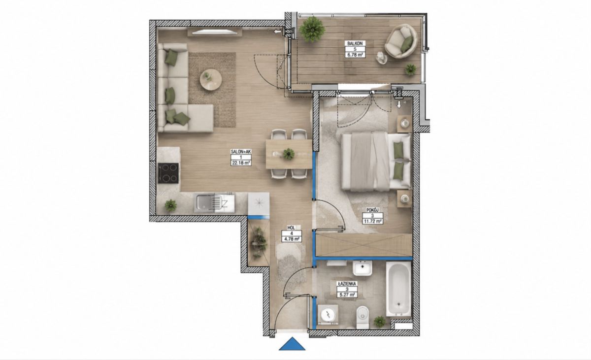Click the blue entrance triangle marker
[x=292, y=344]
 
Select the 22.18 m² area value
[x=241, y=163]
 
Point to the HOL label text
[x=291, y=228]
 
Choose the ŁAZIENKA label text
[x=347, y=284]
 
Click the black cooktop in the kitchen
[x=168, y=173]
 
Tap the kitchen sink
[x=214, y=202]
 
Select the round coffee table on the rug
[x=211, y=80]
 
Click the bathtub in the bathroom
[x=398, y=289]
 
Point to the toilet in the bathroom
[x=362, y=317]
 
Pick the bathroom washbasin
[x=362, y=268]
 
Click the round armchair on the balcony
[x=401, y=41]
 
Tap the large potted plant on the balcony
[x=312, y=29]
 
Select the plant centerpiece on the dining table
[x=289, y=154]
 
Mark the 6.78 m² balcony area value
[x=355, y=55]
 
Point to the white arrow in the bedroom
[x=399, y=104]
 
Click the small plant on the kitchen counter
[x=171, y=205]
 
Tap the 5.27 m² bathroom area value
[x=347, y=295]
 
